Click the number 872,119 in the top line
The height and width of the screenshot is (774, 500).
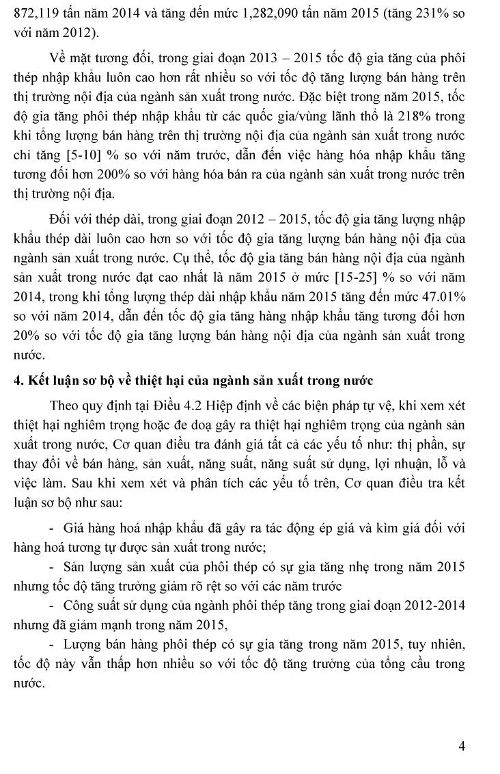click(x=36, y=13)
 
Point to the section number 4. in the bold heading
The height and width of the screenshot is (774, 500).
click(x=18, y=381)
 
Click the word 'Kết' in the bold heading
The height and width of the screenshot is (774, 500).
click(x=40, y=381)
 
